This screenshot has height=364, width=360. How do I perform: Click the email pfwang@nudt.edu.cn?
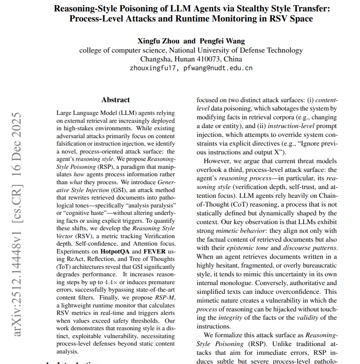pyautogui.click(x=218, y=68)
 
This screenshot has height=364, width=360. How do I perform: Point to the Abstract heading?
pyautogui.click(x=116, y=100)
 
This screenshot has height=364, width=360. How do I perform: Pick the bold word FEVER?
pyautogui.click(x=156, y=251)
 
